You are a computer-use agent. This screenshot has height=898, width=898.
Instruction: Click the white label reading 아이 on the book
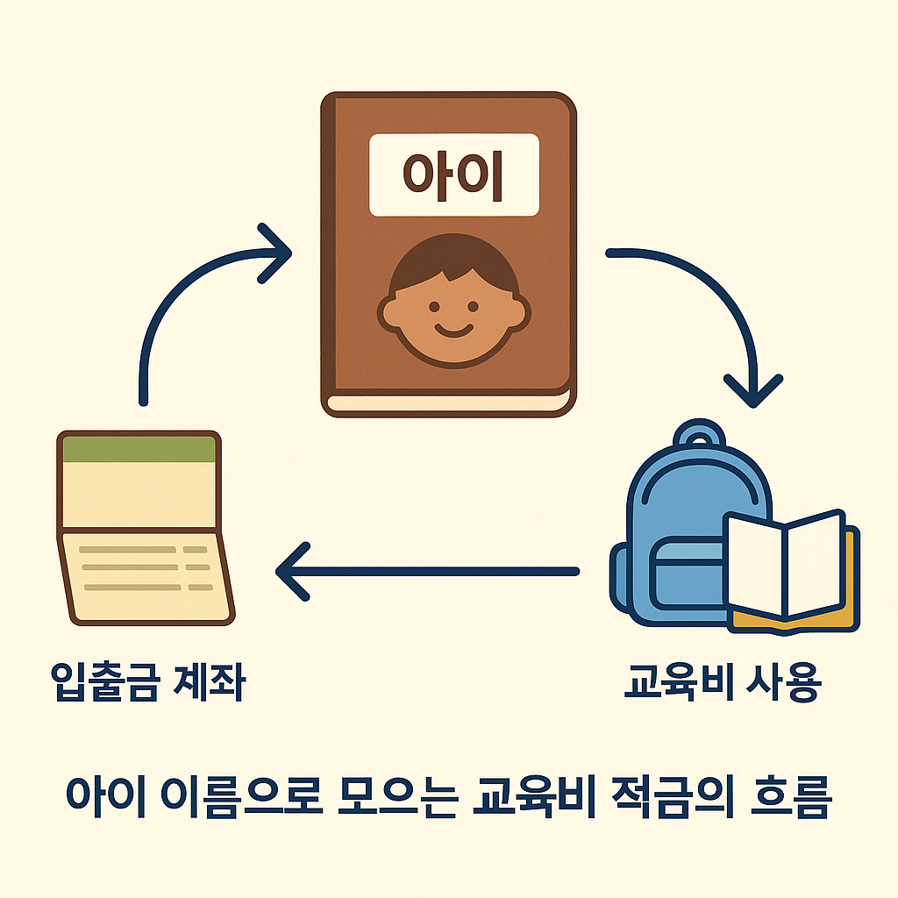tap(453, 174)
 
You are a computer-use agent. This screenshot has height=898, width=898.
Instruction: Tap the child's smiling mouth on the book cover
tap(453, 331)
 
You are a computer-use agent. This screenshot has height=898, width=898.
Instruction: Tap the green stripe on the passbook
tap(138, 448)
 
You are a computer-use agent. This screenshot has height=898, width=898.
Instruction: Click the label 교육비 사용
tap(721, 683)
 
